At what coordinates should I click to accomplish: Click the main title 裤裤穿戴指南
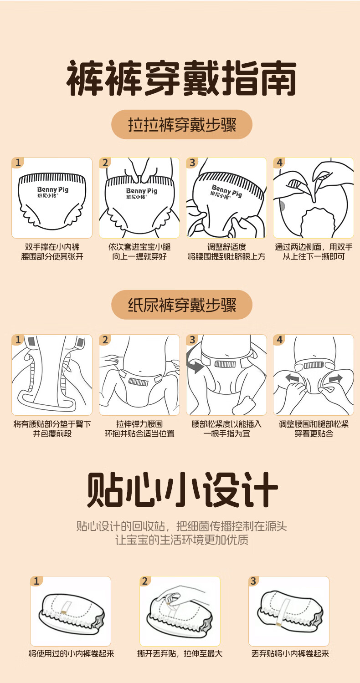(x=181, y=78)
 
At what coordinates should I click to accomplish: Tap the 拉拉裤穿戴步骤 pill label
(x=182, y=125)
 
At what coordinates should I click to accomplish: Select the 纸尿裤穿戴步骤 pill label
(x=182, y=305)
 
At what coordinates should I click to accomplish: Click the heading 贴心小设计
(x=182, y=489)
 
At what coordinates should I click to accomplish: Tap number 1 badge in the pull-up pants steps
(x=18, y=163)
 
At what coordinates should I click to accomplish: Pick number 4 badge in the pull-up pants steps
(x=279, y=163)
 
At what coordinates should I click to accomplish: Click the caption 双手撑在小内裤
(x=52, y=247)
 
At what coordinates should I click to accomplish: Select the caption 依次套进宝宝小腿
(x=139, y=247)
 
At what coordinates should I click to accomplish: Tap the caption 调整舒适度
(x=226, y=247)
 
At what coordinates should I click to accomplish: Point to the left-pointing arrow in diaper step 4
(x=292, y=378)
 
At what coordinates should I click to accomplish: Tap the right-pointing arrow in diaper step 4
(x=335, y=378)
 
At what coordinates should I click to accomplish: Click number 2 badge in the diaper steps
(x=105, y=340)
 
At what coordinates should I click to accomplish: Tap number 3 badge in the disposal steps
(x=253, y=581)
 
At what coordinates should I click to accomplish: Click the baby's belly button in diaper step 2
(x=140, y=372)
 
